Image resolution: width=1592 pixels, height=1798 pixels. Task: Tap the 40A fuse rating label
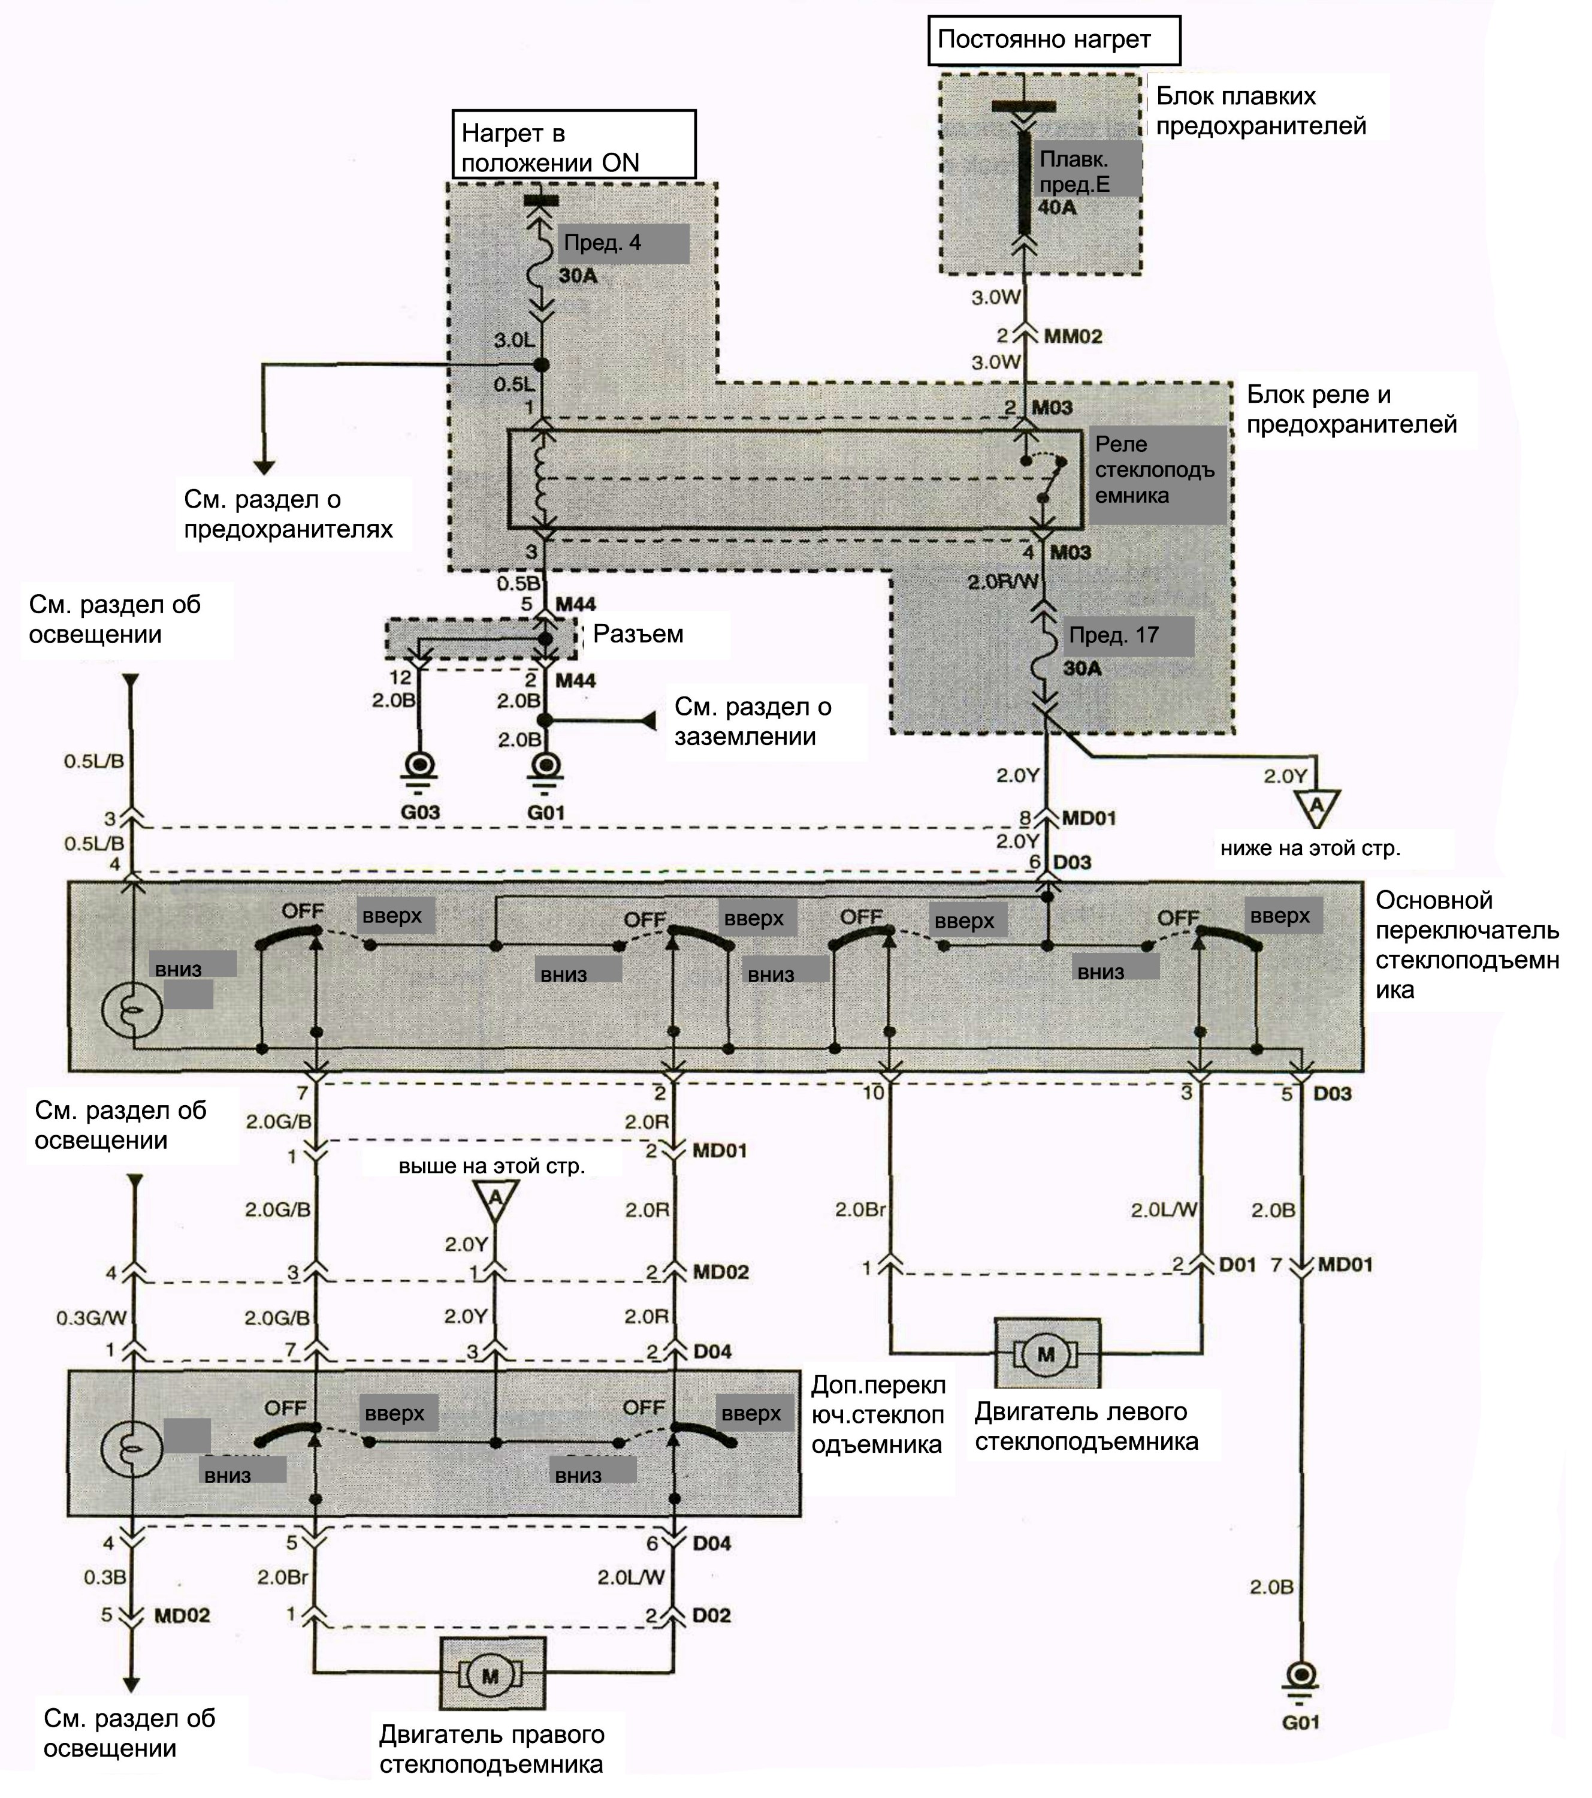pyautogui.click(x=1057, y=207)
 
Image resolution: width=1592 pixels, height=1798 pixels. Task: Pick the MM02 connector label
pyautogui.click(x=1073, y=336)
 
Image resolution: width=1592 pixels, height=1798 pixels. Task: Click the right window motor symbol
pyautogui.click(x=492, y=1675)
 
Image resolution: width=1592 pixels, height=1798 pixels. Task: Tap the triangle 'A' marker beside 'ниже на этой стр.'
pyautogui.click(x=1316, y=805)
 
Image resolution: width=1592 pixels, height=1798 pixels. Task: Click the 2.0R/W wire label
pyautogui.click(x=1002, y=581)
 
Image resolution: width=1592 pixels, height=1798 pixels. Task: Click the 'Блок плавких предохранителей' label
pyautogui.click(x=1261, y=111)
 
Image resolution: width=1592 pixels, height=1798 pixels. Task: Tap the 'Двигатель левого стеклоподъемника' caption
pyautogui.click(x=1086, y=1427)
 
